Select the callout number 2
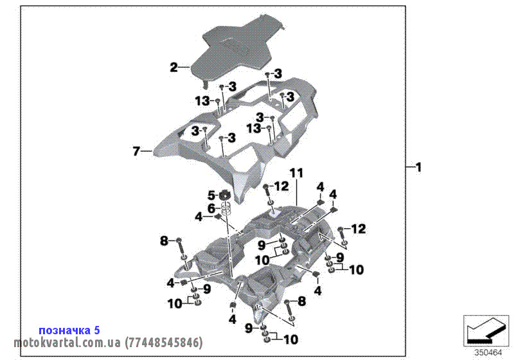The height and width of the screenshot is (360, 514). (x=173, y=67)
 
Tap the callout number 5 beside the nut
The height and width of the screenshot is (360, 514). (x=210, y=195)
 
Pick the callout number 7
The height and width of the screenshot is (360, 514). (x=136, y=152)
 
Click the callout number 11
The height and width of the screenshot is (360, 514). (x=296, y=173)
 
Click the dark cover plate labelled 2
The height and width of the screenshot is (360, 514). (x=238, y=48)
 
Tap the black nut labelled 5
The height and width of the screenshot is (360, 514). (x=226, y=195)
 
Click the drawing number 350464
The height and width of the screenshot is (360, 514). (x=488, y=352)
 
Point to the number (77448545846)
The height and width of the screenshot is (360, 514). (x=164, y=343)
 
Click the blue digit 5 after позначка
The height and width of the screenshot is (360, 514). (x=96, y=330)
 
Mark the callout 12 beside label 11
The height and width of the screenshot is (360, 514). (x=282, y=186)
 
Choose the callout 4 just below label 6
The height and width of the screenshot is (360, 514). (x=199, y=217)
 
